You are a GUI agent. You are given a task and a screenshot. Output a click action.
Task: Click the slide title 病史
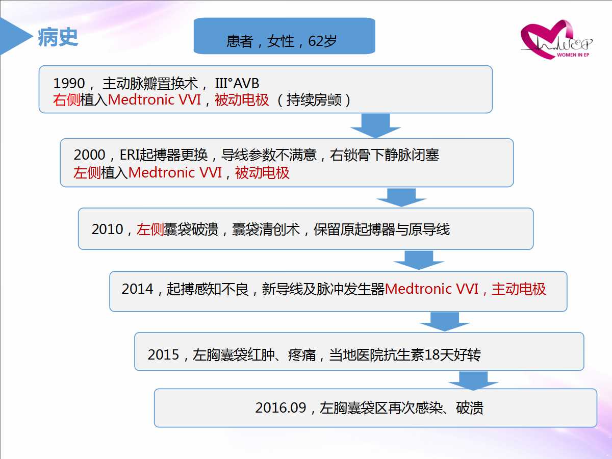58,37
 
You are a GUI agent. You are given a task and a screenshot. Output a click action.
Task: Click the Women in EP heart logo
556,40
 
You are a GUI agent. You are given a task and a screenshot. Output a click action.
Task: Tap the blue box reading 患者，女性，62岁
284,36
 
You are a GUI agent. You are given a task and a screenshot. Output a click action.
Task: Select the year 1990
69,83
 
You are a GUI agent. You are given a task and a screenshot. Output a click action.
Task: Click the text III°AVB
237,83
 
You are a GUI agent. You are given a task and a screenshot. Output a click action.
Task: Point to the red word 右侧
66,100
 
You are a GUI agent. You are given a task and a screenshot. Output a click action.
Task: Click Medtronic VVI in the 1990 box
155,100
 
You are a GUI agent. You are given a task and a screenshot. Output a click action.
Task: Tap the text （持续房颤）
314,100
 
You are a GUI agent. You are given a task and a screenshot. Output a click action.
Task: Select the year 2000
89,155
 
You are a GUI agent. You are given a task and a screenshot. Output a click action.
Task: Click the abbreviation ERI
130,155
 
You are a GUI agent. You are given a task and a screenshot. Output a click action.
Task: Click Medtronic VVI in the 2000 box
175,172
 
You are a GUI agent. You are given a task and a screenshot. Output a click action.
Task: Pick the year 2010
107,229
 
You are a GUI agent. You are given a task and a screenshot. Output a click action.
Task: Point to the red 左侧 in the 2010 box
150,229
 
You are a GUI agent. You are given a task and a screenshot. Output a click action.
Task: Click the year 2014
138,289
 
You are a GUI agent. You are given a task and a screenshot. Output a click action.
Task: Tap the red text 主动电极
519,289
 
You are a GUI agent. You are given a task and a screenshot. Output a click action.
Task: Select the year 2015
163,355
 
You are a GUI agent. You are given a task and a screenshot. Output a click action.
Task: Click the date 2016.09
281,407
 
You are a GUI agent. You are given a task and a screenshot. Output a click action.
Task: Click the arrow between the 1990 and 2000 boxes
375,125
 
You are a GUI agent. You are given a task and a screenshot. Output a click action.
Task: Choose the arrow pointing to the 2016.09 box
473,381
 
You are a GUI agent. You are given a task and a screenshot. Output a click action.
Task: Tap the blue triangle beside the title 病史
14,36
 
